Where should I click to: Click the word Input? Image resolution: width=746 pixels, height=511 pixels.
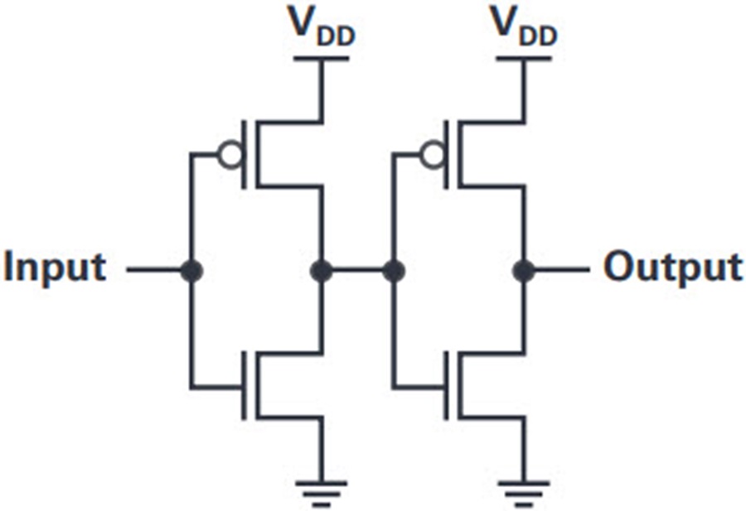[55, 267]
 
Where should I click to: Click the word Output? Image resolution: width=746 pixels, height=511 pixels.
[673, 267]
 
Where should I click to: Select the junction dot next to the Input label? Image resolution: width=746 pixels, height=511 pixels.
[191, 271]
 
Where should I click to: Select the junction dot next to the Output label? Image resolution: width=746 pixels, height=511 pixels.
[524, 271]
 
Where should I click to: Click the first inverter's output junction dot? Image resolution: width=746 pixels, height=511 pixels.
[321, 271]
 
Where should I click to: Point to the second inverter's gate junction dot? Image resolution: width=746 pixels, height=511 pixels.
[394, 271]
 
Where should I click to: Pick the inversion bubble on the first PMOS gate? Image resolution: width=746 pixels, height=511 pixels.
[230, 155]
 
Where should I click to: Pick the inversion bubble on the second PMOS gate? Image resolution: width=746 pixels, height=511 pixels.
[433, 155]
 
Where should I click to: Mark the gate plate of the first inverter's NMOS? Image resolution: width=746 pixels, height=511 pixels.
[244, 385]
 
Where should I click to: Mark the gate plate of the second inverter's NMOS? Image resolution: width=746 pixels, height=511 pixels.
[446, 385]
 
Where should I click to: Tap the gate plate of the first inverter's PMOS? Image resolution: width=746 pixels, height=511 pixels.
[244, 155]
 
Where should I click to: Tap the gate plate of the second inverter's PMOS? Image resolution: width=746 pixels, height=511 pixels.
[446, 155]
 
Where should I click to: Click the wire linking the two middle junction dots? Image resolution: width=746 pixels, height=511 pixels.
[357, 271]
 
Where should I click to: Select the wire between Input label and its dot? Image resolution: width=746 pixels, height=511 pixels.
[153, 270]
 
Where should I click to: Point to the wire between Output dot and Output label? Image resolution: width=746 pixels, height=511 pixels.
[562, 270]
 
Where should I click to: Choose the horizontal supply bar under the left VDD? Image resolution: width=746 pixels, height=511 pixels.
[322, 59]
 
